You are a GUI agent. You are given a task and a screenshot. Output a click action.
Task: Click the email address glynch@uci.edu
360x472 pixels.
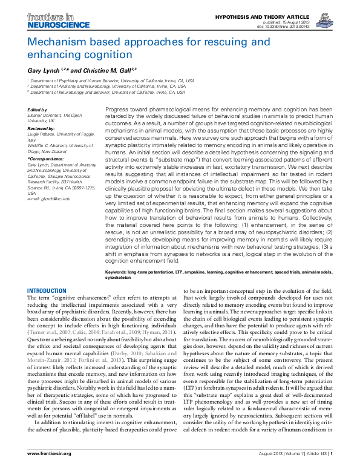click(x=49, y=198)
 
